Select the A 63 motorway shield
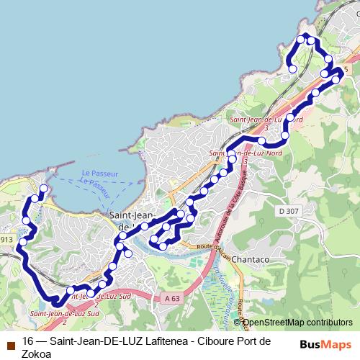pyautogui.click(x=171, y=297)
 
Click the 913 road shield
pyautogui.click(x=6, y=240)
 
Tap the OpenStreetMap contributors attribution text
pyautogui.click(x=297, y=323)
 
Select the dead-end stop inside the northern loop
pyautogui.click(x=293, y=68)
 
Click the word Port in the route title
pyautogui.click(x=256, y=341)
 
